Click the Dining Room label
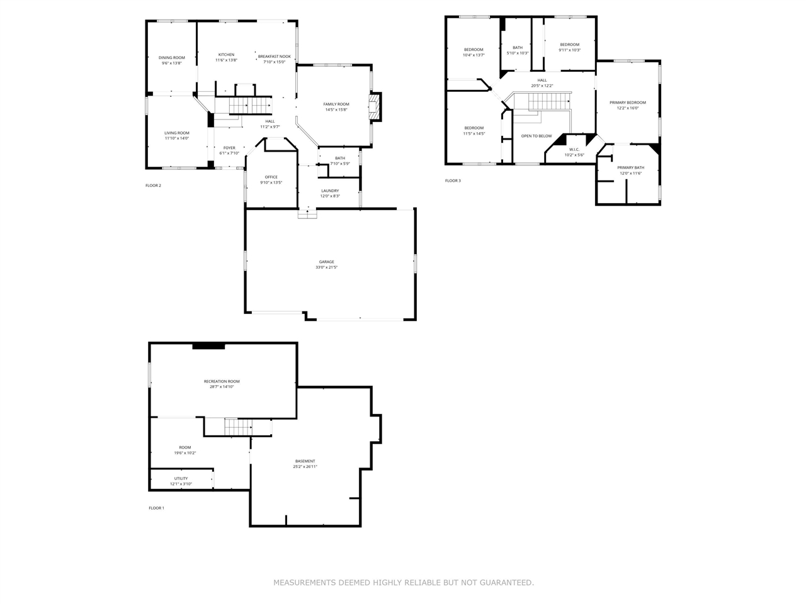(172, 58)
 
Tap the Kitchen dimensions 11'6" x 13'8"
(226, 60)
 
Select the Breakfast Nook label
(274, 57)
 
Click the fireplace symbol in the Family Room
(375, 107)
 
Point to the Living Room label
(177, 133)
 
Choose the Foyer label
(229, 148)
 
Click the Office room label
(271, 177)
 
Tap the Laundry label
(330, 191)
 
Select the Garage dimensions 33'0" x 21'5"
(326, 267)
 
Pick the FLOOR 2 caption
(153, 186)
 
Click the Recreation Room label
(222, 381)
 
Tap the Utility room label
(181, 478)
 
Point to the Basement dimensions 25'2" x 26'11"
(305, 467)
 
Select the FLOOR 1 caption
(156, 508)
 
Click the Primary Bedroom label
(627, 103)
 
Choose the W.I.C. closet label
(574, 149)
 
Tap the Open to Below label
(536, 136)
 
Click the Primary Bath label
(630, 167)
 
